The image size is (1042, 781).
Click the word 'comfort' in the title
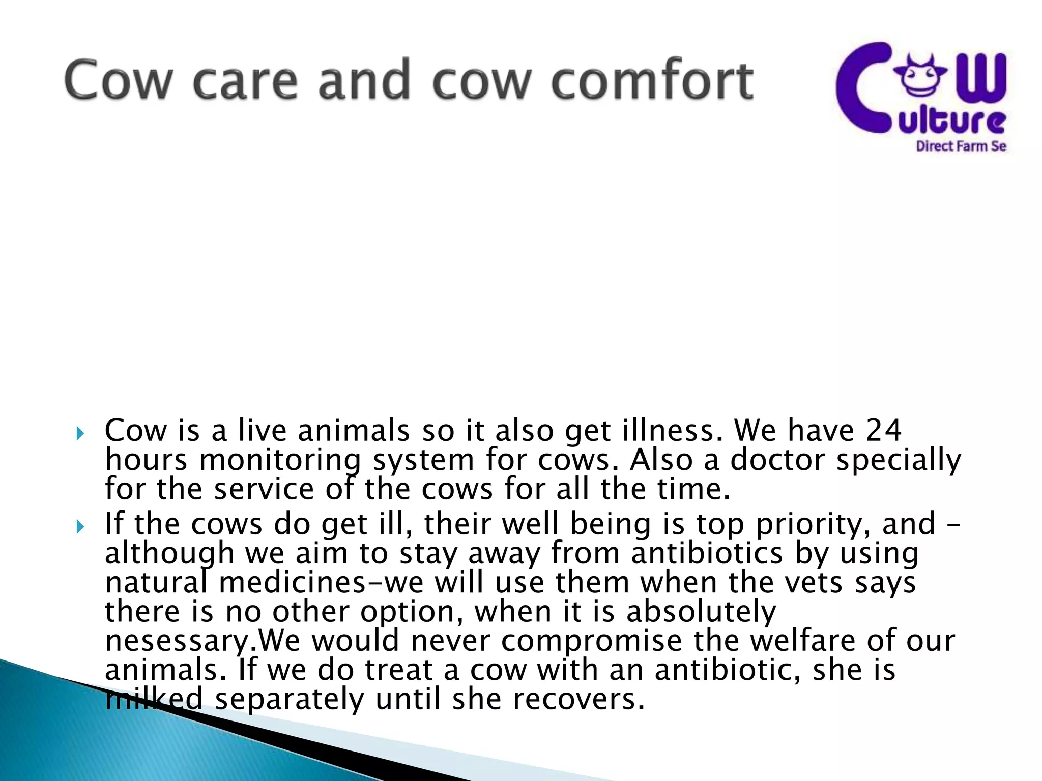click(x=652, y=80)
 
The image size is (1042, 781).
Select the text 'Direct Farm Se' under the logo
click(x=961, y=146)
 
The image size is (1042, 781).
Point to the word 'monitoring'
click(x=280, y=461)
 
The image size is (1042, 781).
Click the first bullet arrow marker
click(x=79, y=434)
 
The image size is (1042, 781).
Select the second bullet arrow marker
click(x=79, y=527)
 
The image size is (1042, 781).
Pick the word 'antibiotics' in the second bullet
click(x=706, y=553)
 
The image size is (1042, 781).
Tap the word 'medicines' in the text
click(x=292, y=583)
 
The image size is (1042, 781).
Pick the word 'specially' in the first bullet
click(x=899, y=461)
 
